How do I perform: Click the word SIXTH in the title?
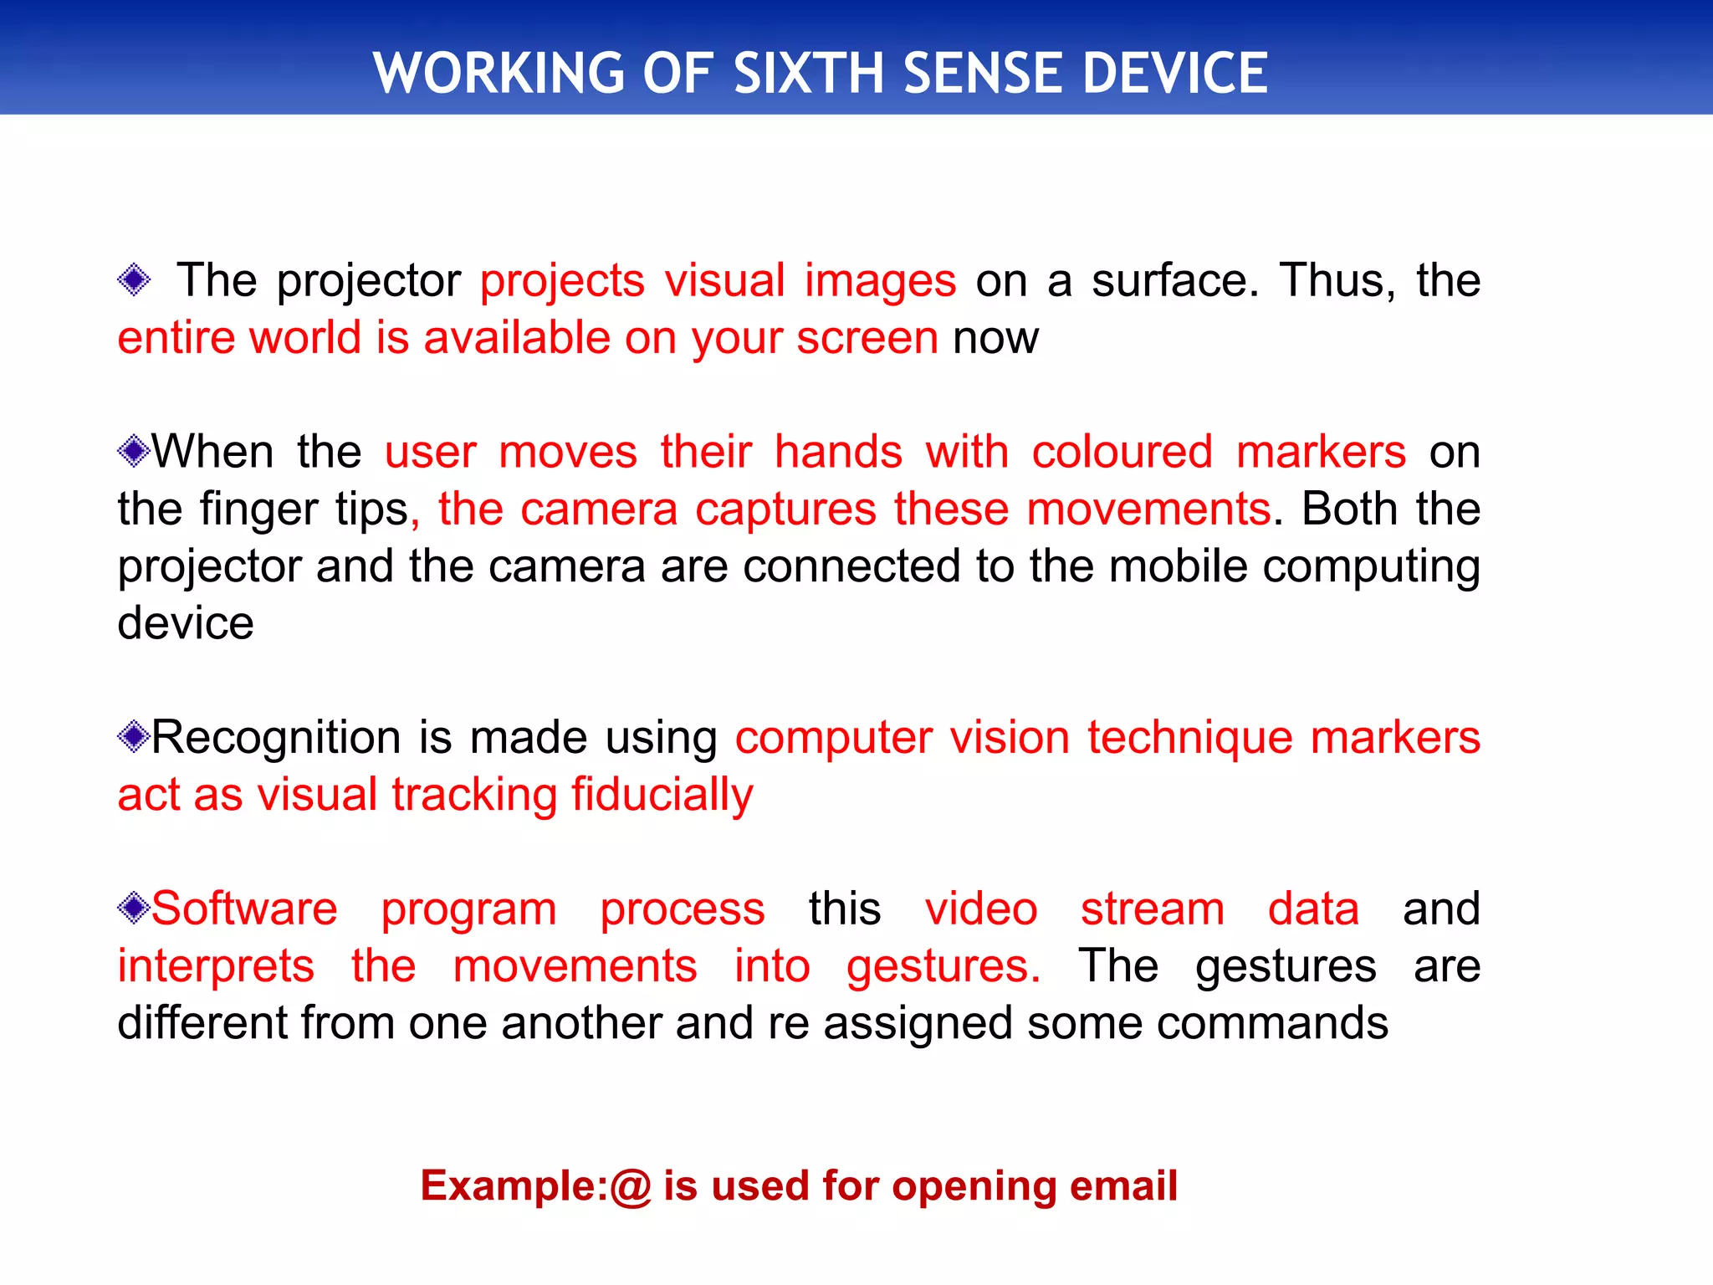tap(808, 73)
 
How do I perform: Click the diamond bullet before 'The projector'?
tap(134, 279)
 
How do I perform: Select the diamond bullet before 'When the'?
tap(133, 452)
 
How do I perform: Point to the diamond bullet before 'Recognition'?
tap(133, 737)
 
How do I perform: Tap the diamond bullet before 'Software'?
tap(133, 909)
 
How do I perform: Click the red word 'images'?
tap(880, 280)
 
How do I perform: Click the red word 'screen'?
tap(867, 338)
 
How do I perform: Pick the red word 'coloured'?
tap(1122, 452)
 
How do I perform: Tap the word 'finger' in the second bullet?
tap(259, 509)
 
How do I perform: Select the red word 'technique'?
tap(1189, 738)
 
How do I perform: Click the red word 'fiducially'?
tap(662, 795)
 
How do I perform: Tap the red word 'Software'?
tap(244, 909)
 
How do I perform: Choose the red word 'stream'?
tap(1152, 909)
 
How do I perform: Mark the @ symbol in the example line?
tap(630, 1186)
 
